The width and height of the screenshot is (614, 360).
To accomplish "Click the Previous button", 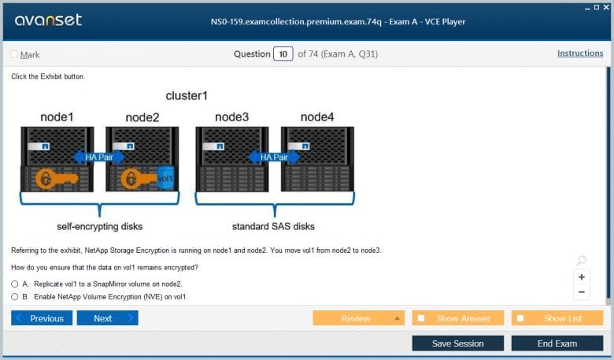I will click(x=42, y=318).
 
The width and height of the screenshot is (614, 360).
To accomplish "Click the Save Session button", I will click(x=457, y=343).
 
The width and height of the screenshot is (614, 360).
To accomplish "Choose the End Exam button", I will click(x=557, y=343).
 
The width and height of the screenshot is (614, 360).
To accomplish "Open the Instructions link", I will click(x=580, y=54).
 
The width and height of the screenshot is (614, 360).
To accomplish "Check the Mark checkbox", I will click(x=14, y=54).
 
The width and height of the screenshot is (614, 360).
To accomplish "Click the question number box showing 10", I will click(x=283, y=54).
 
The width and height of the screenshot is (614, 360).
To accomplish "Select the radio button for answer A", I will click(x=15, y=284).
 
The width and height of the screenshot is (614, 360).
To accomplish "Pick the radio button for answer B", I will click(x=15, y=297).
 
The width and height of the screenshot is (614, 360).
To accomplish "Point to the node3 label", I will click(x=231, y=117).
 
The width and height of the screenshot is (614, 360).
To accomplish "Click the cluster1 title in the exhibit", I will click(x=187, y=96).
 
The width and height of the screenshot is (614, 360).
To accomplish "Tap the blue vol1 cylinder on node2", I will click(x=165, y=178).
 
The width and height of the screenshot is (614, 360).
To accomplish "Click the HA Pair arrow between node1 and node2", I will click(x=99, y=157).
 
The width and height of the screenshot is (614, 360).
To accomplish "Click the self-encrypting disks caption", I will click(x=100, y=227).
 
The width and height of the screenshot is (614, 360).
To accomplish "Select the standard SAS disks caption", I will click(x=273, y=227).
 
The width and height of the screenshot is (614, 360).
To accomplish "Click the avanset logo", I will click(x=48, y=20).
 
